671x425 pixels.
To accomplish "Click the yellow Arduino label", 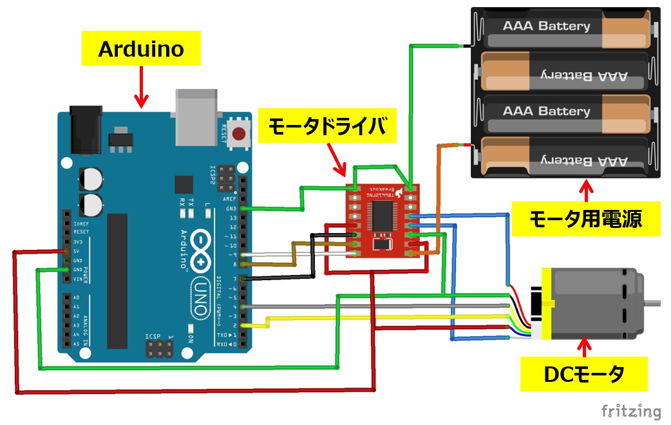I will click(x=141, y=50).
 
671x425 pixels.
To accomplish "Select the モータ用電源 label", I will click(x=585, y=220).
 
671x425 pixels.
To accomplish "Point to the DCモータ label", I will click(x=584, y=373).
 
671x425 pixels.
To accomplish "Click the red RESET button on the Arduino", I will click(x=240, y=134).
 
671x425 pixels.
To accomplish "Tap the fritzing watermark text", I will click(x=631, y=411).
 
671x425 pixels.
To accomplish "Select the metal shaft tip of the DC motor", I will click(x=654, y=301).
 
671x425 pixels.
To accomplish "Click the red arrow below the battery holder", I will click(x=585, y=190).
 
